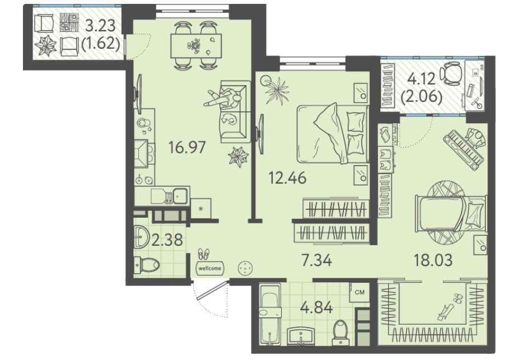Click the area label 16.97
[187, 148]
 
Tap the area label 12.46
[288, 178]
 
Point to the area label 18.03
[433, 260]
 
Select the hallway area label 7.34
[316, 260]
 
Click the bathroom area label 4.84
[316, 307]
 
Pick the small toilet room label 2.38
[167, 240]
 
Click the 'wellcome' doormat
[210, 268]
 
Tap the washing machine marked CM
[360, 292]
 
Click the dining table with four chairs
[196, 45]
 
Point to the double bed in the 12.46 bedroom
[333, 133]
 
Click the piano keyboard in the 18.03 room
[462, 149]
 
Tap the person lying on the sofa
[224, 98]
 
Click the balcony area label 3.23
[100, 26]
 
